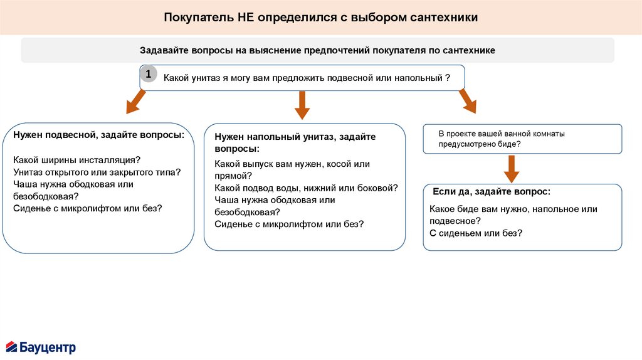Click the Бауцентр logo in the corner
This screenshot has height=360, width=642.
(41, 347)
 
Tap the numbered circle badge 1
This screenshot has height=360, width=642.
(148, 75)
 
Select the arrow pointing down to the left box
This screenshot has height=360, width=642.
(135, 102)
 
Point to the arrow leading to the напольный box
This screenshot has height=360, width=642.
(302, 105)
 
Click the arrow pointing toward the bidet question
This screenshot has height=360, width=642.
(467, 101)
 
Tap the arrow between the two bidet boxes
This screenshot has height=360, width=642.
(512, 168)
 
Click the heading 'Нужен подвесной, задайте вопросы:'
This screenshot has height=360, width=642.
(98, 135)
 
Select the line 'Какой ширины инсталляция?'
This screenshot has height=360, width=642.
(76, 159)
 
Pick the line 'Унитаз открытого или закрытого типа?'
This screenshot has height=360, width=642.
(97, 172)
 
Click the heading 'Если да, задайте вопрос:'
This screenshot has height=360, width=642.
(492, 191)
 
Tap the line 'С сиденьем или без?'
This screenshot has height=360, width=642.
(476, 233)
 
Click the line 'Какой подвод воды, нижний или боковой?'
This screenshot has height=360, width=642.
(306, 188)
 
